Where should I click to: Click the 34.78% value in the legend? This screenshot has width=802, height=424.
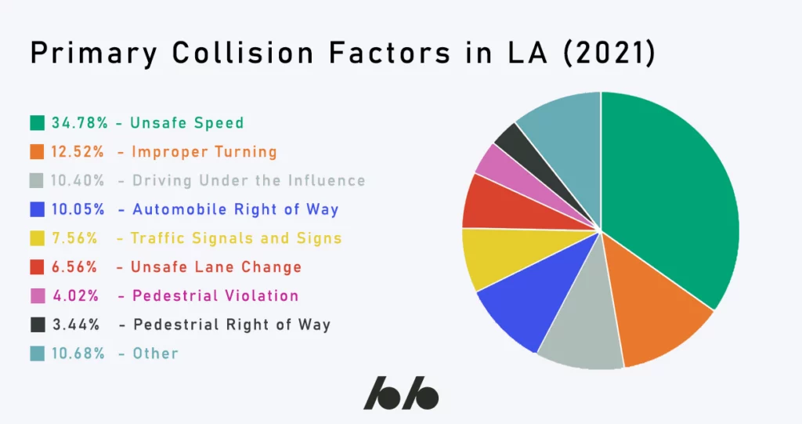tap(80, 123)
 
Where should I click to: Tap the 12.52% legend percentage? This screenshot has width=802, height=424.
tap(78, 151)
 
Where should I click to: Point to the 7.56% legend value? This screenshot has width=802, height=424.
tap(74, 238)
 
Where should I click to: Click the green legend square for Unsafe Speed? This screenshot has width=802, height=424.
tap(38, 123)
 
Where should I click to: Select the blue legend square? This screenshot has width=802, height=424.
tap(38, 209)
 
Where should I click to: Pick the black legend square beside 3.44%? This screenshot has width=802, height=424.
tap(38, 324)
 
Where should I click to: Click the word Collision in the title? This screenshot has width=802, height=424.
tap(243, 53)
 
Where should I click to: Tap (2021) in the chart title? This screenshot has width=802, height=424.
tap(608, 53)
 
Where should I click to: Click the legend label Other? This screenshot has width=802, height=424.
tap(156, 353)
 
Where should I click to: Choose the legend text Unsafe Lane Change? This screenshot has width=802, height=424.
tap(216, 266)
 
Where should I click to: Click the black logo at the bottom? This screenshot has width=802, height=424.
tap(401, 393)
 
